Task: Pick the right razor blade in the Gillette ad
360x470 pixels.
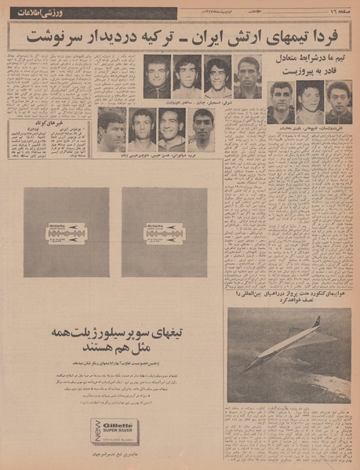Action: [165, 233]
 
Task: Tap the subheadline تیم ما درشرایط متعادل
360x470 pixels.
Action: [307, 58]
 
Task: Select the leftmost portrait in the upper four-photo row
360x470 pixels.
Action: [157, 76]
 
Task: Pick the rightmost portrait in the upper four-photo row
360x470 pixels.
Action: [247, 76]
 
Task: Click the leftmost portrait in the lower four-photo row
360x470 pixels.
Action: [111, 129]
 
